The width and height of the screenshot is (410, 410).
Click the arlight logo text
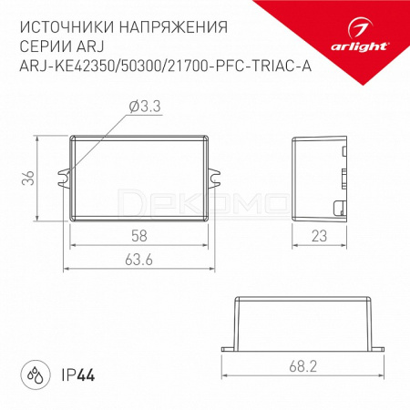[359, 46]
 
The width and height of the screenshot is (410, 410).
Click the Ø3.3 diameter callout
[145, 107]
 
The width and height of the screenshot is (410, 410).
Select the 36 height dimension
[28, 178]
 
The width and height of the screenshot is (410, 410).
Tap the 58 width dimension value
[139, 236]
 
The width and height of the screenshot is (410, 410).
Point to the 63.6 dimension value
[138, 260]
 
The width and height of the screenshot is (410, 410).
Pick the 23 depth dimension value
[319, 236]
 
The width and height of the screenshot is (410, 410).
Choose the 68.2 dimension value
[302, 366]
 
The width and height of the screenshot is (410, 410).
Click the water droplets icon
[36, 375]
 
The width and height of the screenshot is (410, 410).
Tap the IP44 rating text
[78, 375]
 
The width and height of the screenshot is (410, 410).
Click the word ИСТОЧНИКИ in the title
[67, 27]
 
